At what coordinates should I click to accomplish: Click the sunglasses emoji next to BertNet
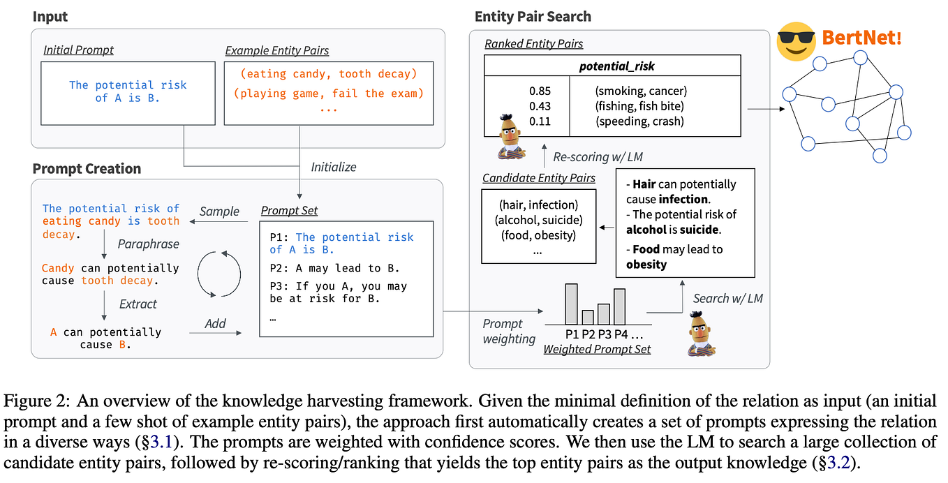tap(796, 41)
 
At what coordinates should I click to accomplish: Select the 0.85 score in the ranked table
tap(540, 91)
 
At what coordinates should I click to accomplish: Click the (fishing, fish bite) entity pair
tap(639, 106)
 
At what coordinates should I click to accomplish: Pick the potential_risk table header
tap(616, 66)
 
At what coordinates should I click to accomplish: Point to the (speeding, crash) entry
tap(639, 121)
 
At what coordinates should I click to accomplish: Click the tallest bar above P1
tap(571, 304)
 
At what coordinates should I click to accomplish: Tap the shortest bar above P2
tap(587, 318)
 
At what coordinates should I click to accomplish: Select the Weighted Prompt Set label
tap(597, 349)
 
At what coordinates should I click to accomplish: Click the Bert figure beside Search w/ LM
tap(701, 334)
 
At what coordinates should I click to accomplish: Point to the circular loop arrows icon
tap(219, 274)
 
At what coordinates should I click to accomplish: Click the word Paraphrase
tap(148, 244)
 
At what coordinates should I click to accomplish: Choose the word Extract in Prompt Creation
tap(138, 304)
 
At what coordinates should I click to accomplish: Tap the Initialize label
tap(334, 168)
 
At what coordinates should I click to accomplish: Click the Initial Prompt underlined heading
tap(78, 50)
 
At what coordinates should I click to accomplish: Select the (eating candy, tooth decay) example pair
tap(328, 74)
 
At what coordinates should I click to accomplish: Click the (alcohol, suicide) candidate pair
tap(538, 220)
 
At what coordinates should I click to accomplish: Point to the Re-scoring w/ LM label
tap(598, 157)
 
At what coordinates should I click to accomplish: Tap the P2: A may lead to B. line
tap(334, 269)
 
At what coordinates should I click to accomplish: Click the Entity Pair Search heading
tap(533, 17)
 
